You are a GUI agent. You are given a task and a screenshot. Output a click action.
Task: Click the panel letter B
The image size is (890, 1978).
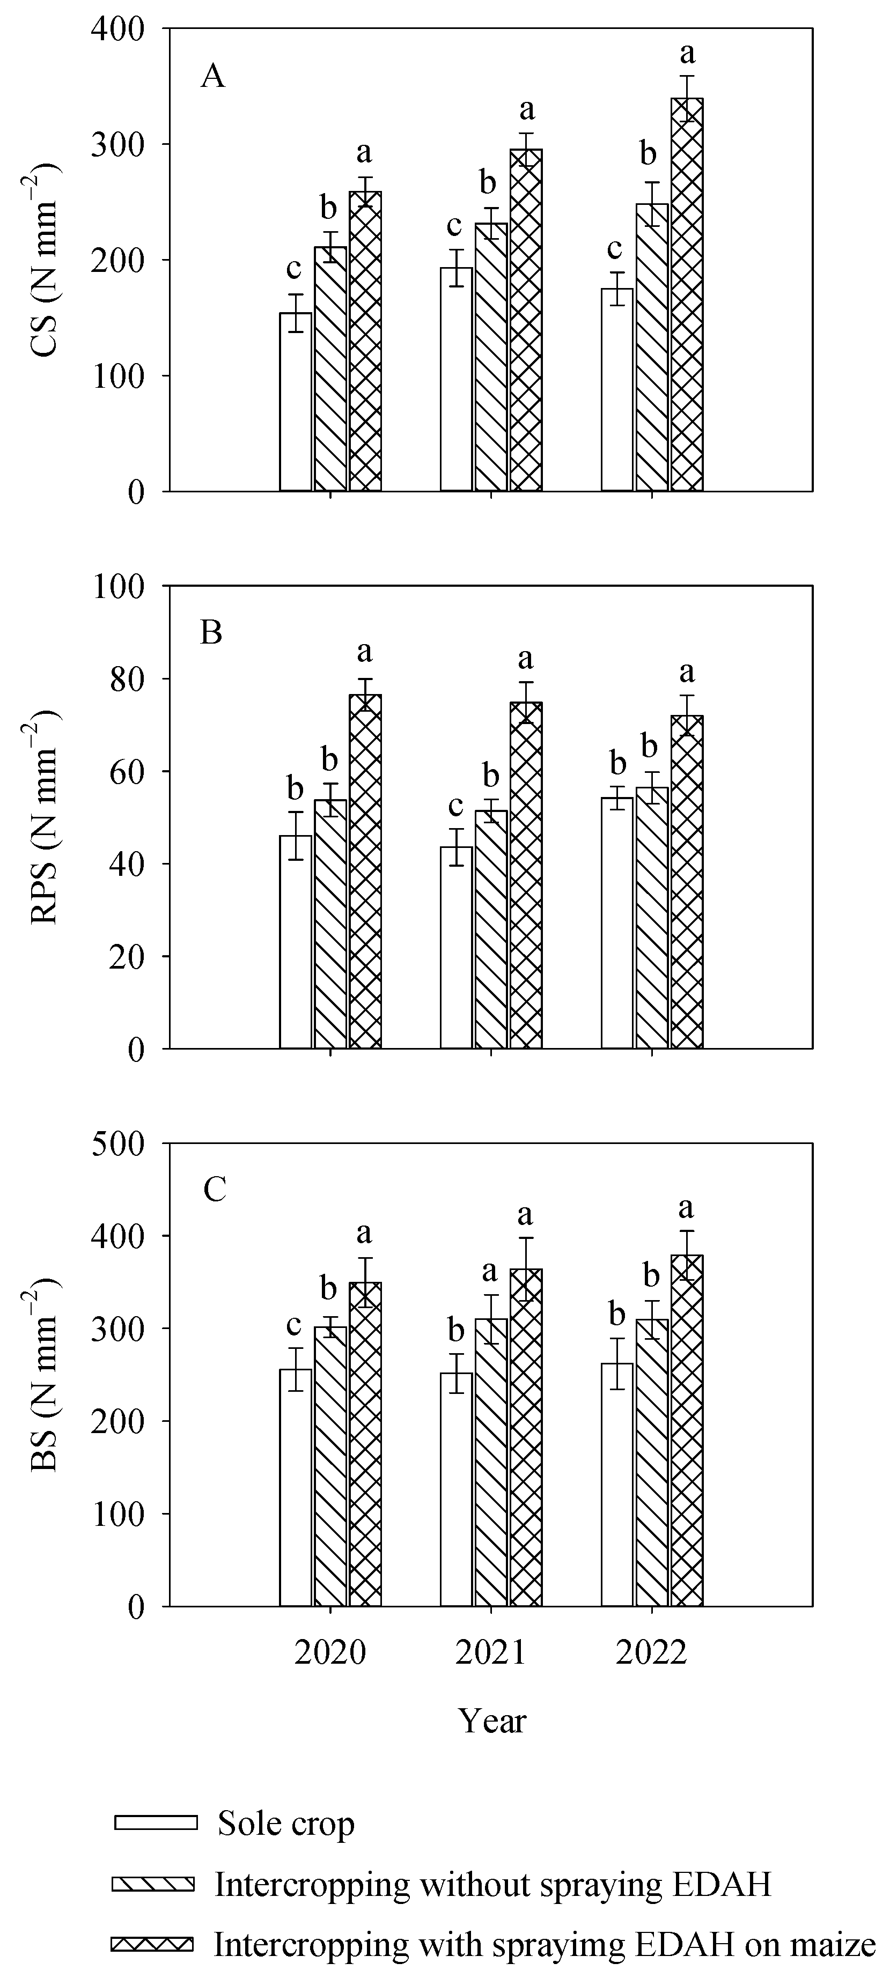click(211, 633)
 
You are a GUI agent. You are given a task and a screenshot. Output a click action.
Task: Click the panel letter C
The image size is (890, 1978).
click(214, 1190)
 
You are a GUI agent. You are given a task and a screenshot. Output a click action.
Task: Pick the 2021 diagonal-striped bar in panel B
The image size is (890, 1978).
click(491, 929)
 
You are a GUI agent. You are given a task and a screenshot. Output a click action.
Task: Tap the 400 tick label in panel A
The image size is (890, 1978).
click(117, 29)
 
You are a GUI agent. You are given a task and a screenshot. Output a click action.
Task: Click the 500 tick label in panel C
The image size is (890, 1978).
click(117, 1144)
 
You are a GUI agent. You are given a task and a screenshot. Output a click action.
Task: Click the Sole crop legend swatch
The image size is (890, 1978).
click(156, 1823)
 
